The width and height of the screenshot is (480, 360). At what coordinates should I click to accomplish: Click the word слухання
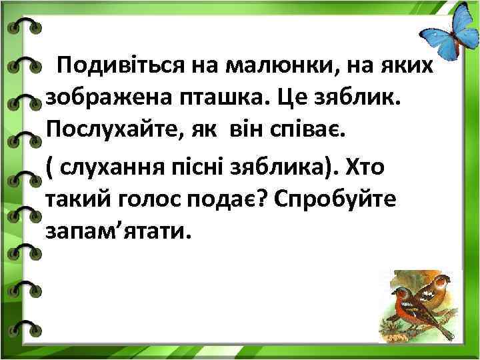click(127, 165)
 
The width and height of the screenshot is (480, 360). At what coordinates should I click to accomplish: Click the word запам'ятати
click(117, 231)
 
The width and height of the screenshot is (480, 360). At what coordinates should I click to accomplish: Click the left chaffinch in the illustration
click(406, 303)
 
